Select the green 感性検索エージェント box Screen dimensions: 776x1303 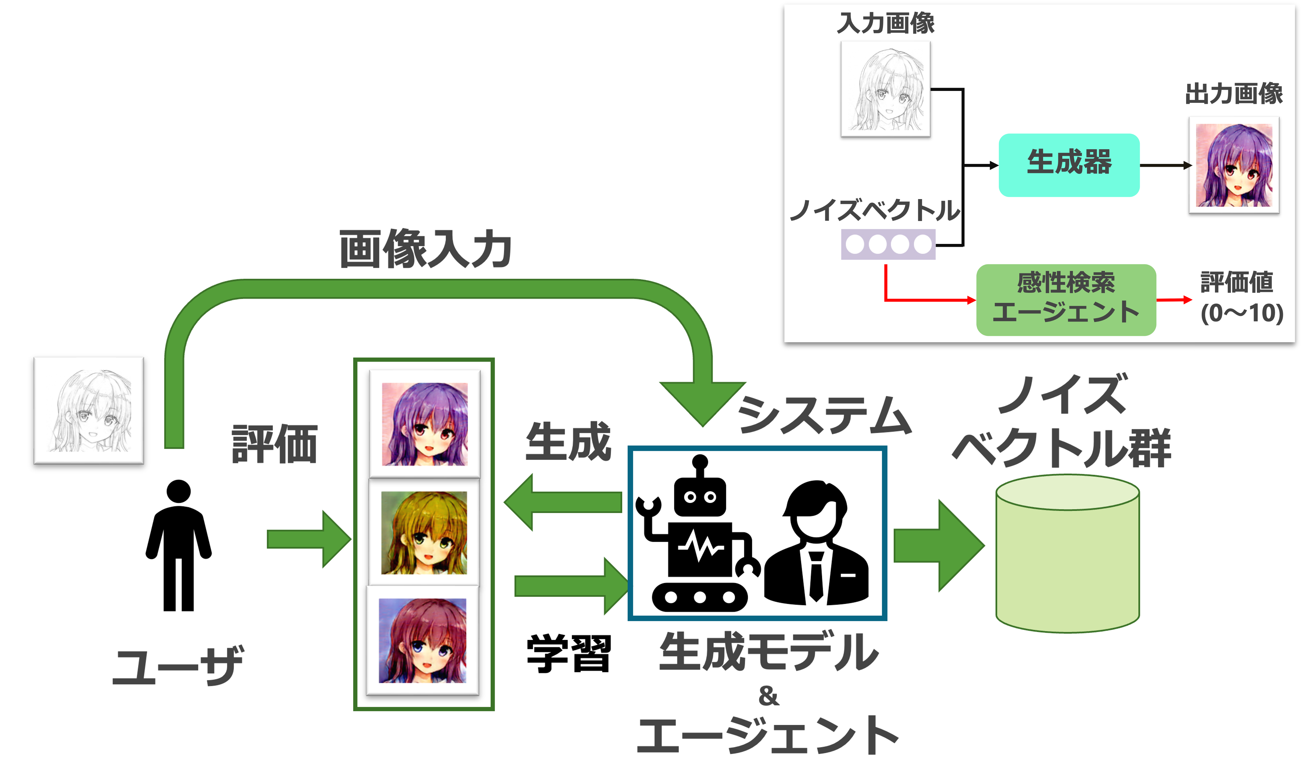[1066, 300]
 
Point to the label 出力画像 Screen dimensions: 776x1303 [1233, 94]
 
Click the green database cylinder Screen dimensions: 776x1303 [1067, 554]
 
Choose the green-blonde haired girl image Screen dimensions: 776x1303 [424, 533]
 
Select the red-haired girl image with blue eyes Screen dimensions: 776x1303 [422, 641]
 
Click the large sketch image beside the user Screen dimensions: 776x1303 [89, 410]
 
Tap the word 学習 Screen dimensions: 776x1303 [569, 654]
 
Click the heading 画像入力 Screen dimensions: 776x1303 [425, 250]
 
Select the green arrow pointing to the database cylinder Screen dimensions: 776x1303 [938, 546]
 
